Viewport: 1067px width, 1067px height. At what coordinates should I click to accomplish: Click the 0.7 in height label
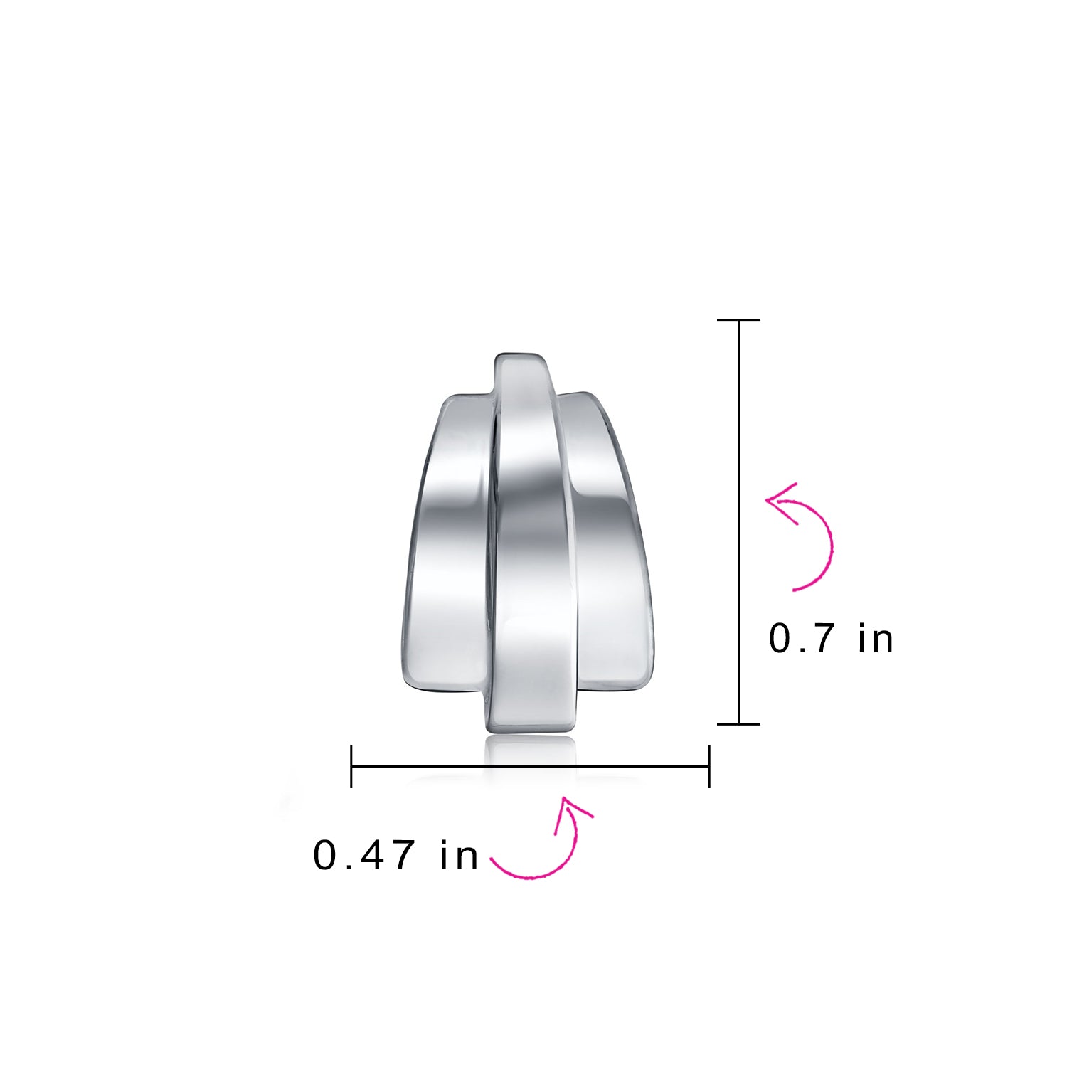point(831,638)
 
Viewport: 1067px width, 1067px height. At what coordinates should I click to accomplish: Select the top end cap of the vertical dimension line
point(739,320)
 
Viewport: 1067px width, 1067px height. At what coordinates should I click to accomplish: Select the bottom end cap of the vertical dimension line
point(739,724)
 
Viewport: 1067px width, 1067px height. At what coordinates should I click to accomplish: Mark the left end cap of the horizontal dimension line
point(351,766)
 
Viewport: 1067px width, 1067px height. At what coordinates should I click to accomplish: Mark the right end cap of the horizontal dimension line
point(709,766)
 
